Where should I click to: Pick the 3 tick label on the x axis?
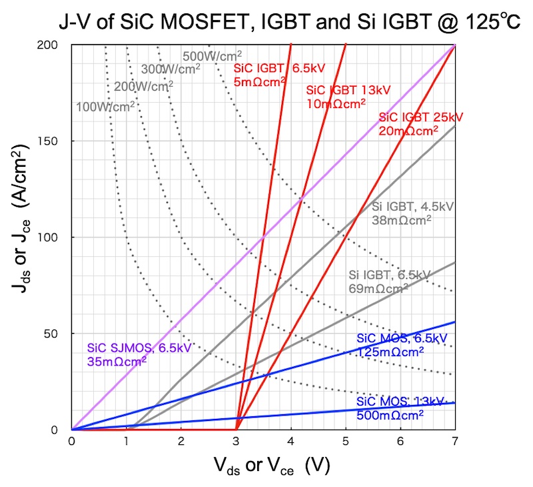pos(237,442)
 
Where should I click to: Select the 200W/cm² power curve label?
pos(143,85)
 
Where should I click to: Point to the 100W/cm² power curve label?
pos(105,105)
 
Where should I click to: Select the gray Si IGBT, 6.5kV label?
pos(389,281)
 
